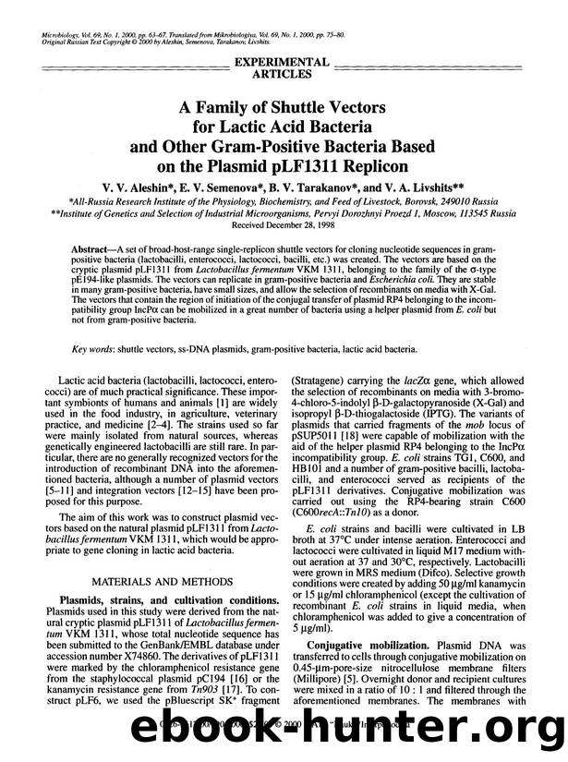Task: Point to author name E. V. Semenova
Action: tap(240, 187)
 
